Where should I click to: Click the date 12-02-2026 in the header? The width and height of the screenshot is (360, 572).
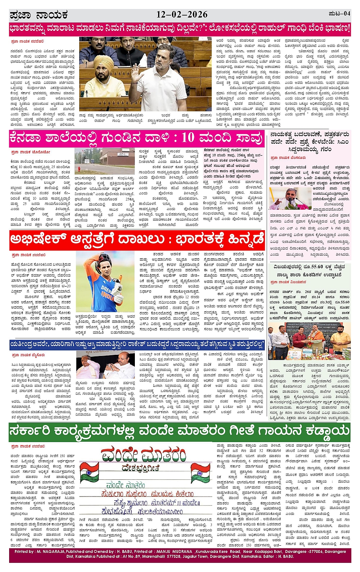coord(182,15)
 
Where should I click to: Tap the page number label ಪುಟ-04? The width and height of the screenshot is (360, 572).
coord(339,14)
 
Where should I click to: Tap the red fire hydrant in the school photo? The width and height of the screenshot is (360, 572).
coord(78,168)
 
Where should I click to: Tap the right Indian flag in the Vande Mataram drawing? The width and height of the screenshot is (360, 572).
coord(201,473)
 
